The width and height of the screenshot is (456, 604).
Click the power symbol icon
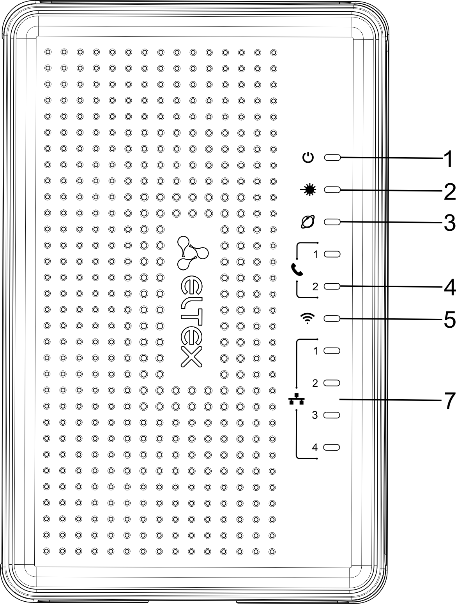coord(308,158)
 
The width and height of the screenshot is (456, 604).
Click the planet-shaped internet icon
coord(308,222)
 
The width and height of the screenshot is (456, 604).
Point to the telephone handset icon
coord(297,269)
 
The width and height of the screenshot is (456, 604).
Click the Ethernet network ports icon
coord(297,399)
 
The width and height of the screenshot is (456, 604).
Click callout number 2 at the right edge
coord(449,191)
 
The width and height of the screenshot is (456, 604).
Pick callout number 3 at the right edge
coord(449,223)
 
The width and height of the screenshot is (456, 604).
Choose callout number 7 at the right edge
coord(449,400)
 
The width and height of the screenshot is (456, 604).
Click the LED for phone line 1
coord(332,254)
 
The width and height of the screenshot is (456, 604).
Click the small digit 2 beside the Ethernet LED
coord(315,383)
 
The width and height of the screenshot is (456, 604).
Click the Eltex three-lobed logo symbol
coord(191,253)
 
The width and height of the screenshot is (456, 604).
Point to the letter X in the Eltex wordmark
coord(191,356)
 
